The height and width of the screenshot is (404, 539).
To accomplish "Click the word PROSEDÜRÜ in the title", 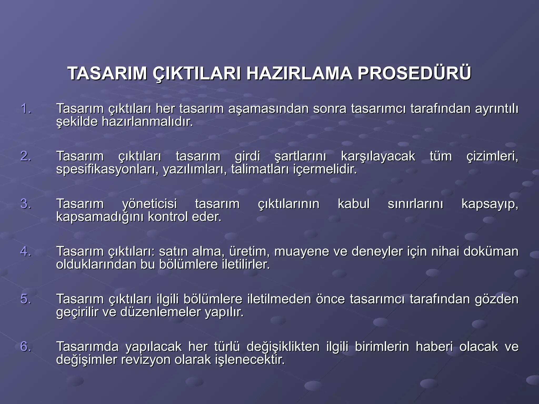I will click(x=414, y=74).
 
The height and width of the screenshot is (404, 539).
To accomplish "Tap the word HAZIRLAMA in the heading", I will click(x=299, y=74).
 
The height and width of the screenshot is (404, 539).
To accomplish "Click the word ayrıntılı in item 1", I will click(x=496, y=109).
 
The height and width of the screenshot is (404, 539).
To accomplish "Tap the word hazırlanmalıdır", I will click(x=147, y=122).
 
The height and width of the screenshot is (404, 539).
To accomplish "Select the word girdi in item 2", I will click(x=247, y=156).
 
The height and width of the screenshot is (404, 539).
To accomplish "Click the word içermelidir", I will click(x=325, y=169).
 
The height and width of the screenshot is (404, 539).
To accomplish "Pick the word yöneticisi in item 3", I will click(x=149, y=204).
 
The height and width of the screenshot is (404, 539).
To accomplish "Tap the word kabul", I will click(x=353, y=204).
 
